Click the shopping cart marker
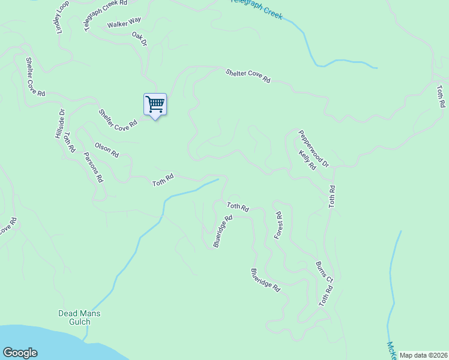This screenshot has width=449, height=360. [155, 104]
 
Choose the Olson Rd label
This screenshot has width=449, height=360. [106, 150]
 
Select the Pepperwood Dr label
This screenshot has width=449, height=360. [314, 148]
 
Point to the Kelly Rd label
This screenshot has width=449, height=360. [307, 160]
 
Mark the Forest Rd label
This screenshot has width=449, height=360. [278, 226]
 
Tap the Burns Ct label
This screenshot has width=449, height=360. [324, 271]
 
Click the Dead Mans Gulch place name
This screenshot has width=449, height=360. [79, 317]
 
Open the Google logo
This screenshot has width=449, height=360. [20, 353]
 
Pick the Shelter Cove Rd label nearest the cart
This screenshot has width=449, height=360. [118, 120]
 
